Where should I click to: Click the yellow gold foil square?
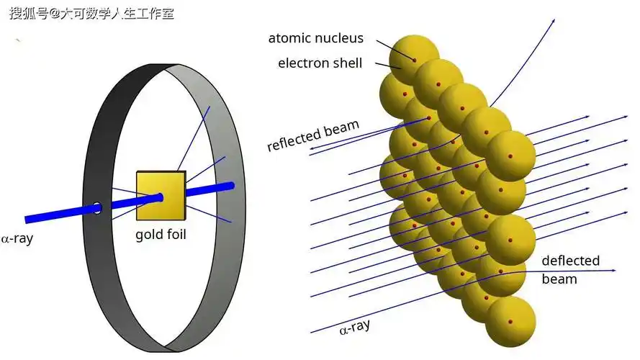(161, 196)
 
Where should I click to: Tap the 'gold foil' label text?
(161, 235)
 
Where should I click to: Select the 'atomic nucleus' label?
(316, 38)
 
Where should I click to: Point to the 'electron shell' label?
(320, 63)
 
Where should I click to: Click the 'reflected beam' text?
(312, 136)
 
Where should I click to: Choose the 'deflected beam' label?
(569, 269)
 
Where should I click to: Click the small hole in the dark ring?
(97, 209)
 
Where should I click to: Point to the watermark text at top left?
(91, 13)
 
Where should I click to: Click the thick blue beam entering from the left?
(58, 214)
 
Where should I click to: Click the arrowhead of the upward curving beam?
(554, 19)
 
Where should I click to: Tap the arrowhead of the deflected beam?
(613, 271)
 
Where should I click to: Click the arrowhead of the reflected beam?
(312, 153)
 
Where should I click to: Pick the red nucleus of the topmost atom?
(414, 58)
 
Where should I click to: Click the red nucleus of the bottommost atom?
(510, 322)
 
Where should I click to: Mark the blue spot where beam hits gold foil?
(159, 197)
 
